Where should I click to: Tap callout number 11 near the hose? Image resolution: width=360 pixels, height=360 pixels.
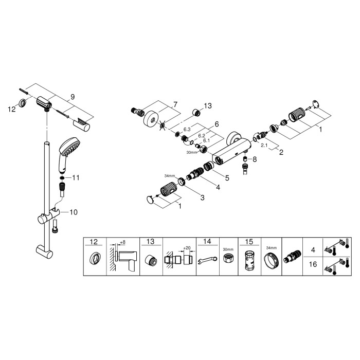click(76, 177)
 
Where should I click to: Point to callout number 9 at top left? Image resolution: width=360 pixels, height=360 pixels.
click(73, 96)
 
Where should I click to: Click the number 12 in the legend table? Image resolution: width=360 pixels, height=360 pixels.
click(94, 241)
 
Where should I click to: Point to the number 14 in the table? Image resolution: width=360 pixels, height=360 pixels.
click(206, 241)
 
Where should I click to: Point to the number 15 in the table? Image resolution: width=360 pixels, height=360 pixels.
click(248, 241)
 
